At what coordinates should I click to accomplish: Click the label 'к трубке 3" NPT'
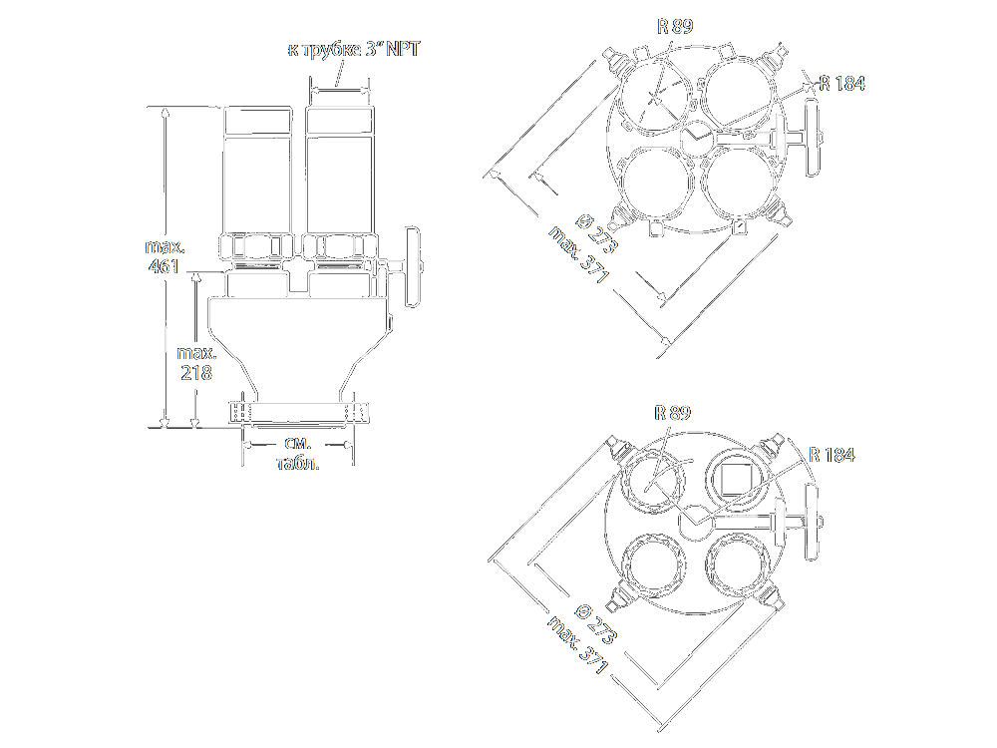(354, 50)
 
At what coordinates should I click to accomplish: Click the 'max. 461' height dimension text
(165, 256)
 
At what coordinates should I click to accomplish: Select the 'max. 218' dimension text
(196, 363)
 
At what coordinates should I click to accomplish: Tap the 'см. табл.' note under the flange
(298, 453)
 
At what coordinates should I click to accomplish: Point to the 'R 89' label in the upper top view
(675, 26)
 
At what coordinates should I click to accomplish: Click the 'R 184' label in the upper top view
(841, 84)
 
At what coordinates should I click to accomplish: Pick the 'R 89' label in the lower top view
(672, 413)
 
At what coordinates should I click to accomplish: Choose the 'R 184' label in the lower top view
(831, 455)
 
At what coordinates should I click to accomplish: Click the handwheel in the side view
(413, 266)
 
